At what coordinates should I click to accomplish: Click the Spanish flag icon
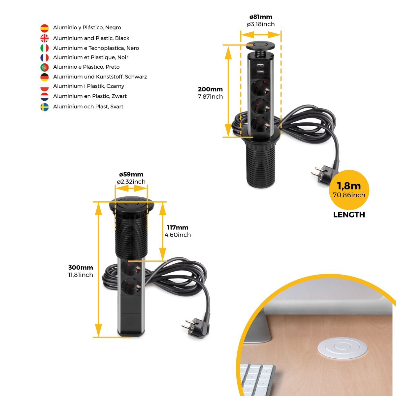[45, 28]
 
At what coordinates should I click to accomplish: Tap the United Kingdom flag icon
[45, 38]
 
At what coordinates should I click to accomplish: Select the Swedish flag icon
[45, 107]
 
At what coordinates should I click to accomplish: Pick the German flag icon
[45, 77]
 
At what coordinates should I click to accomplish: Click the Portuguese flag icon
[45, 67]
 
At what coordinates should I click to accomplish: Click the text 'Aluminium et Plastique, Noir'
[91, 57]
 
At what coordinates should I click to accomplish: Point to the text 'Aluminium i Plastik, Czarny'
[88, 86]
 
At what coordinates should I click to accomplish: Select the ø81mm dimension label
[261, 17]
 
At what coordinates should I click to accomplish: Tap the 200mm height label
[210, 89]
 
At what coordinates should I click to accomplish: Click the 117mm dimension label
[178, 227]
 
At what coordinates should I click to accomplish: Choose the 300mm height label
[81, 268]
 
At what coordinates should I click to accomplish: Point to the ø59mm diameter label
[131, 175]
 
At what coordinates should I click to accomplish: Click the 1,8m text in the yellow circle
[349, 186]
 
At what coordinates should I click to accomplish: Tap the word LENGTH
[349, 215]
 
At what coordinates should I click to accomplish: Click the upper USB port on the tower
[260, 65]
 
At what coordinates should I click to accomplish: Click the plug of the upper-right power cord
[324, 174]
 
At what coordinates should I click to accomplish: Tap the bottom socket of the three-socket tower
[260, 124]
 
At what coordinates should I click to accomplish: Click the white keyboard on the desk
[258, 380]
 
